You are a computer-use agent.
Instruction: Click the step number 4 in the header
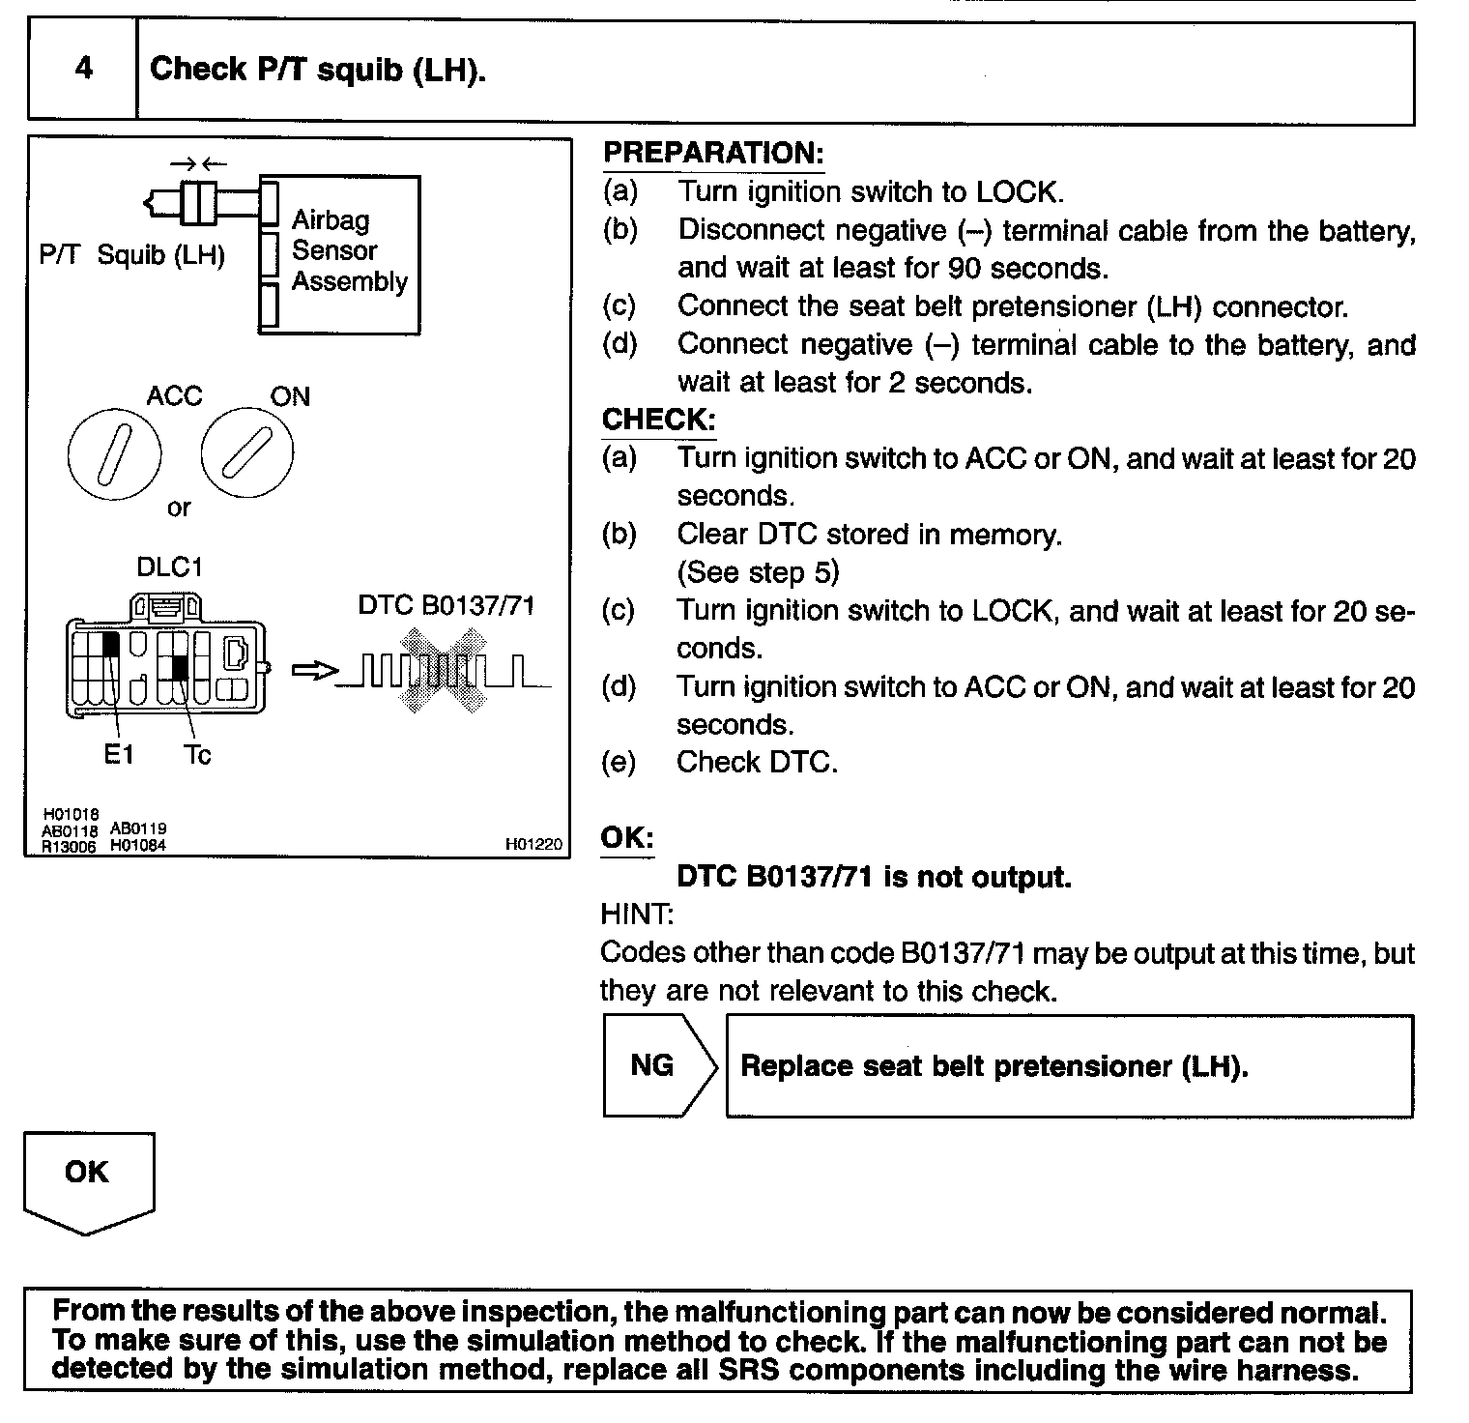(x=84, y=69)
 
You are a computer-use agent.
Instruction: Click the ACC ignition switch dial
(x=115, y=455)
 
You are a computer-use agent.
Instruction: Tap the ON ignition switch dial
(x=246, y=454)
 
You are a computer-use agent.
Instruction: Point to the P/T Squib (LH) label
(x=132, y=255)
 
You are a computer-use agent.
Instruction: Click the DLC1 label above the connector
(x=169, y=566)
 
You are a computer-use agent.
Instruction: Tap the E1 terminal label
(x=119, y=755)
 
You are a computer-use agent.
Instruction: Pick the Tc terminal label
(x=197, y=755)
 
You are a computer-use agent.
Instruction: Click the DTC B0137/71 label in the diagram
(x=446, y=605)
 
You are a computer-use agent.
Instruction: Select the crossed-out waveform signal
(x=445, y=671)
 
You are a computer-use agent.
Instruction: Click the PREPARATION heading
(x=713, y=153)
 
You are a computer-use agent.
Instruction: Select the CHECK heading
(x=658, y=420)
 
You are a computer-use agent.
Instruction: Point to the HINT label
(x=637, y=914)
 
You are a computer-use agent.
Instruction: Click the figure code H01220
(x=533, y=844)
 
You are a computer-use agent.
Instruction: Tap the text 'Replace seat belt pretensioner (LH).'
(x=994, y=1065)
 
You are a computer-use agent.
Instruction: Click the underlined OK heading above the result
(x=627, y=837)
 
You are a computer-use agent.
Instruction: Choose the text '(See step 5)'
(x=758, y=572)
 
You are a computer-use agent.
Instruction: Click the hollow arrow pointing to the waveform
(x=314, y=671)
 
